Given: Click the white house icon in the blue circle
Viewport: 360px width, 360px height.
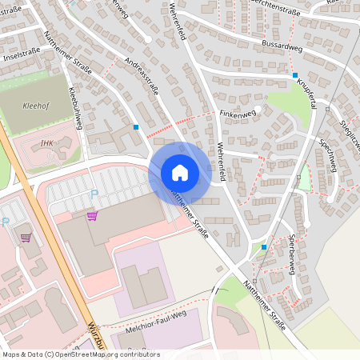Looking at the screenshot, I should coord(179,173).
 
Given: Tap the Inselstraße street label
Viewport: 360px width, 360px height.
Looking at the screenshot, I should coord(22,58).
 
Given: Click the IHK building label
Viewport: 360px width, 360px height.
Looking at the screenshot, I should coord(47,143).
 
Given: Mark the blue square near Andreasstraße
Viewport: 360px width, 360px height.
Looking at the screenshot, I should coord(136,126).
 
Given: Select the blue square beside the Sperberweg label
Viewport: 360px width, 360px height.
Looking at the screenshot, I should coord(264,246).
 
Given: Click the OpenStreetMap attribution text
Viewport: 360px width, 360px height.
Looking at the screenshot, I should coord(80,353).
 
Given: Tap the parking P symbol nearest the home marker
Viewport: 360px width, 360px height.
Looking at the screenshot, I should coord(94,193).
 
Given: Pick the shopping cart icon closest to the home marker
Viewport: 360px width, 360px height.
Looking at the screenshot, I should coord(92,216).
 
